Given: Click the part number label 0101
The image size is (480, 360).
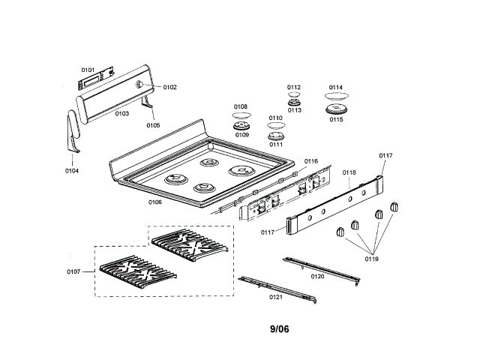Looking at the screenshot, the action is pos(88,70).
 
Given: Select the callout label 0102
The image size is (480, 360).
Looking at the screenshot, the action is pos(170,87).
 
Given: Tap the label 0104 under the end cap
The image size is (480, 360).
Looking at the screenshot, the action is pos(72,170).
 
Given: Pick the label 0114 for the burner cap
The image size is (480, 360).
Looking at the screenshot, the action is pos(335,87).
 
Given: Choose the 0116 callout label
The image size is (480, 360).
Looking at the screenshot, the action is pos(310,160).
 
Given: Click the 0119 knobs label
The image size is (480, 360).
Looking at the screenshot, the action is pos(372,259).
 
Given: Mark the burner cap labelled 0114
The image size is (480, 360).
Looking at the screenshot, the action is pos(335,97).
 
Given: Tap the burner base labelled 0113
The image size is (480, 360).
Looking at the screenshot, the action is pos(294,103).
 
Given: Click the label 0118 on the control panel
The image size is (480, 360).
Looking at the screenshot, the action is pos(349,172).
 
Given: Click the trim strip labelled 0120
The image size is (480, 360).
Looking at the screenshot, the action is pos(322,268).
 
